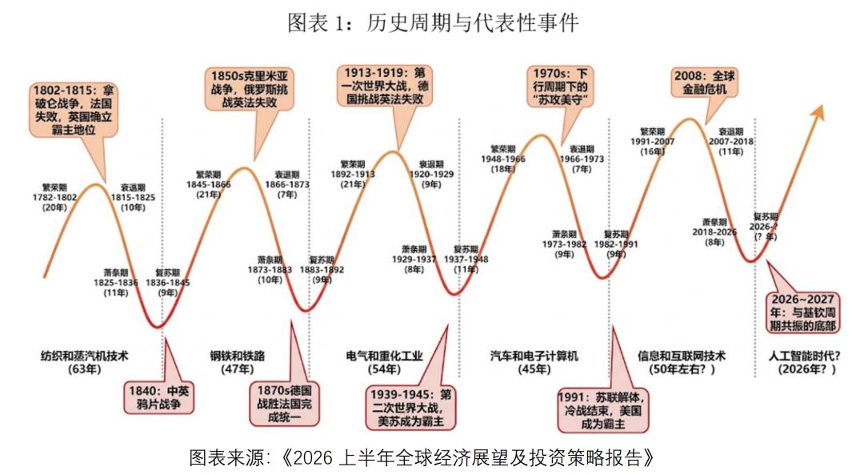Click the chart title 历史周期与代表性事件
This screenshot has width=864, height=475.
[x=432, y=22]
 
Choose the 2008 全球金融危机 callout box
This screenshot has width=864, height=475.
[x=704, y=83]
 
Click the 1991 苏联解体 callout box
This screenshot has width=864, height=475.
[x=602, y=412]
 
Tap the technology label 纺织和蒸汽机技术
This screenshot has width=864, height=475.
[x=83, y=356]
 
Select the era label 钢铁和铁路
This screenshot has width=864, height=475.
[x=237, y=356]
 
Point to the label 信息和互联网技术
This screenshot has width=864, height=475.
[x=681, y=356]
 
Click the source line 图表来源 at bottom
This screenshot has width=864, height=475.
[x=422, y=457]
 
